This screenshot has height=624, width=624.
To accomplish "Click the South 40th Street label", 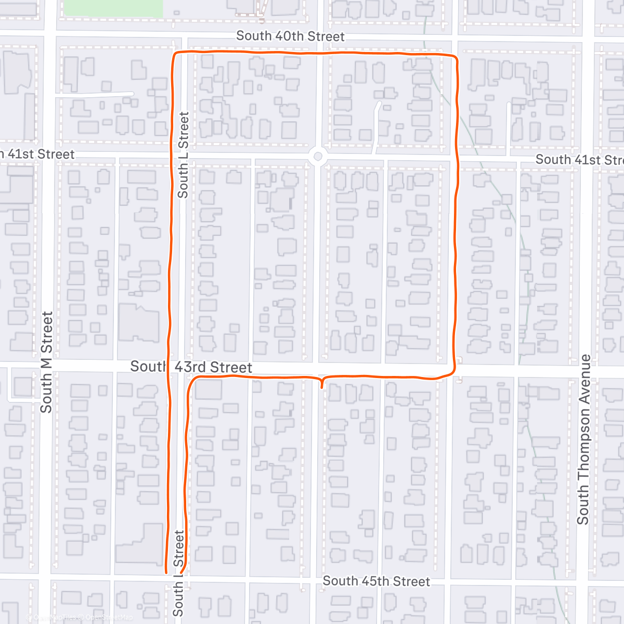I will coord(290,36).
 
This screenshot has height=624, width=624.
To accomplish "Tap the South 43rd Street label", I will coord(191,367).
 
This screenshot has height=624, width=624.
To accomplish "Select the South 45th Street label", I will coord(376,581).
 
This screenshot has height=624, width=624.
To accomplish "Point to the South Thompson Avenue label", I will coord(584,439).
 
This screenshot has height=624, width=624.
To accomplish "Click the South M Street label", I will coord(47,362).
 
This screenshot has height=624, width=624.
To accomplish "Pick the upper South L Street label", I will coord(183,155).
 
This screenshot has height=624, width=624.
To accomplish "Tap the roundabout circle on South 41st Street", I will coord(318,157).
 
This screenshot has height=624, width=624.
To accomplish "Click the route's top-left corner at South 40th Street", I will coord(175,54).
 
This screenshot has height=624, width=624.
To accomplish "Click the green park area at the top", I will coord(113,7).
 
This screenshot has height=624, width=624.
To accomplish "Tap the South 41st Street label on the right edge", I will coord(579,160).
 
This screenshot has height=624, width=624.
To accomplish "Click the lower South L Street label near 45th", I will coord(178,573).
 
